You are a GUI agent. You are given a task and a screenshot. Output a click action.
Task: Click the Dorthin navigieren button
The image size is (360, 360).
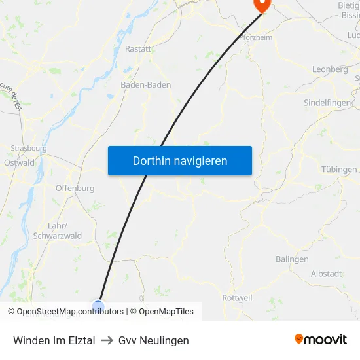click(x=180, y=160)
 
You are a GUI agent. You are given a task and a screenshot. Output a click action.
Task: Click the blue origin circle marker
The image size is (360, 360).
click(x=98, y=306)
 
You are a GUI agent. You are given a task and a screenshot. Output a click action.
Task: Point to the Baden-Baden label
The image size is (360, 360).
click(x=146, y=85)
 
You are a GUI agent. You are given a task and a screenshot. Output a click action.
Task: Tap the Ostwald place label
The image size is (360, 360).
click(x=19, y=162)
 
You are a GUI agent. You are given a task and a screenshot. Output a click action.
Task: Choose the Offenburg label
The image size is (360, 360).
click(x=75, y=188)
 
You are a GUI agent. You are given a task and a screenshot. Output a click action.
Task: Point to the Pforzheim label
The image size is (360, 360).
click(x=256, y=37)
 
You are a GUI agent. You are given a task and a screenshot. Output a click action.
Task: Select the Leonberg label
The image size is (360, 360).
click(x=330, y=69)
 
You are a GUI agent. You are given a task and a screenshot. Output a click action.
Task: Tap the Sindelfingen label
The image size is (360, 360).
click(x=328, y=103)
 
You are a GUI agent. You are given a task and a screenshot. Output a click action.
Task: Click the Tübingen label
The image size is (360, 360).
click(x=339, y=170)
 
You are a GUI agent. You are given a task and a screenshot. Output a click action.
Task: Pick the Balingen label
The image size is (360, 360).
click(x=292, y=259)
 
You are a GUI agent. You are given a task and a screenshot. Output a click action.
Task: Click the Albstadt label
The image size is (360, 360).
click(x=326, y=274)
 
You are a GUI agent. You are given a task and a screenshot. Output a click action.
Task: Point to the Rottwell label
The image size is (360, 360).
click(x=237, y=298)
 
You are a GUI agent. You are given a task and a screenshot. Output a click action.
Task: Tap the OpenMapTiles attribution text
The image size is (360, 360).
click(x=166, y=312)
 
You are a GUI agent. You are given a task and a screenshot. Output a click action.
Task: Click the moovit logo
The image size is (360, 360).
click(x=321, y=339)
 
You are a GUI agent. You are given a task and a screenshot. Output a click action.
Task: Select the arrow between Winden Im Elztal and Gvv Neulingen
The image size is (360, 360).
click(x=107, y=340)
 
